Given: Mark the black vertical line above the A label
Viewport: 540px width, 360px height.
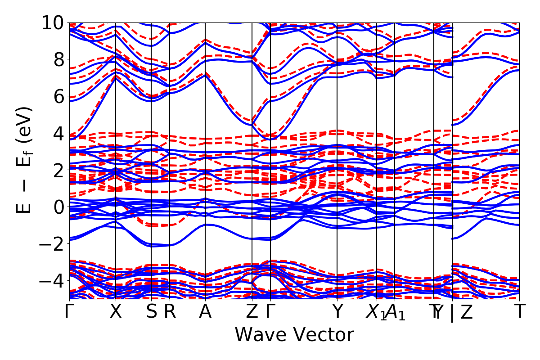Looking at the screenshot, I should coord(205,135).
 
